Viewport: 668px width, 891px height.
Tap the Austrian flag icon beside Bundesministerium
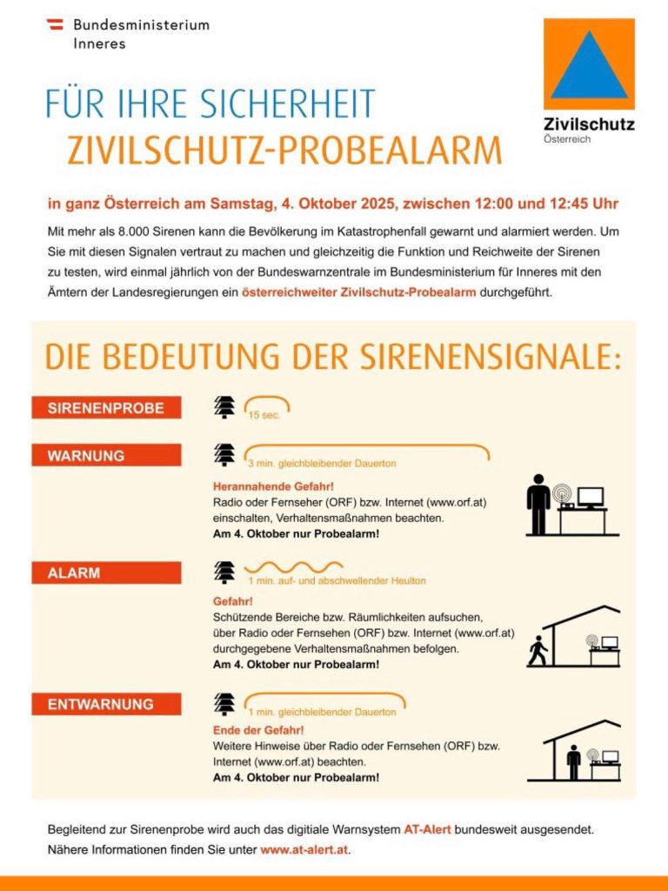(x=54, y=24)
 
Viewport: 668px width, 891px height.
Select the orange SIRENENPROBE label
(x=106, y=408)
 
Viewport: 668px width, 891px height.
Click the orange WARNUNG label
(x=106, y=455)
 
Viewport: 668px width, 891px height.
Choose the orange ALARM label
(x=106, y=573)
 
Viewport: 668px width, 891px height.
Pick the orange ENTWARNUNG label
(x=106, y=704)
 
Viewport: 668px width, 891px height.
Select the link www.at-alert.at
(x=304, y=849)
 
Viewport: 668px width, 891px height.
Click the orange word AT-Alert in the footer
(x=427, y=830)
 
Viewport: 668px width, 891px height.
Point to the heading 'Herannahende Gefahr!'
(x=267, y=486)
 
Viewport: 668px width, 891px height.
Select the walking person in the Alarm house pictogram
(x=538, y=651)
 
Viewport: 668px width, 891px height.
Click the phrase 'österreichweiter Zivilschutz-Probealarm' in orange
(x=358, y=292)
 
